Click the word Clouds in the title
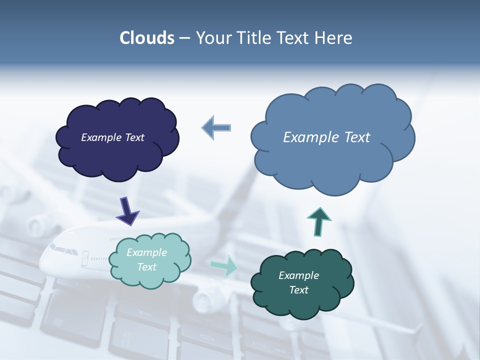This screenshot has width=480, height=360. (146, 38)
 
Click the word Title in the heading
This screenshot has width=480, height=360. (251, 38)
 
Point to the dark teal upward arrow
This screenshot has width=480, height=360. (319, 221)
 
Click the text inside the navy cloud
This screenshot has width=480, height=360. (112, 137)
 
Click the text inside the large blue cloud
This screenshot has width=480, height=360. (326, 137)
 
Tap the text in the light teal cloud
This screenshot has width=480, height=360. (147, 260)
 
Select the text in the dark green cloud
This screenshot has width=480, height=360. (298, 282)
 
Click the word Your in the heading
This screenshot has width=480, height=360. (212, 38)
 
